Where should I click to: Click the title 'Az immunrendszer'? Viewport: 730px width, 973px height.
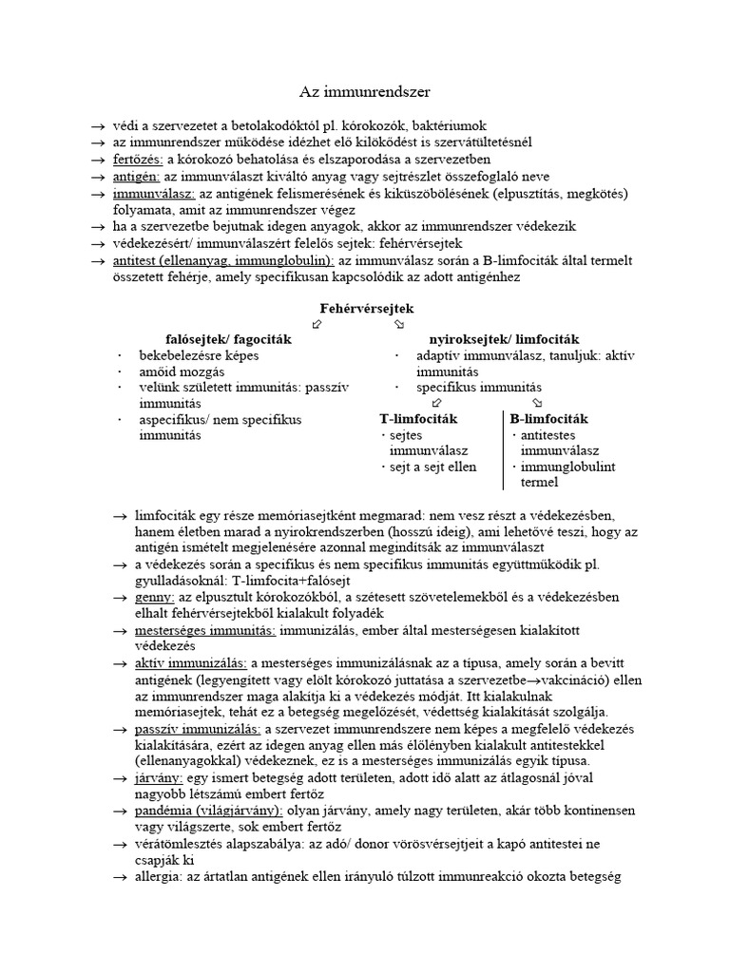click(365, 92)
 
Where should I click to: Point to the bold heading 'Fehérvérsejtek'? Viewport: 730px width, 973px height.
click(366, 310)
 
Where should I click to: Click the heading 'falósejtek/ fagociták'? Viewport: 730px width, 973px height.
click(228, 339)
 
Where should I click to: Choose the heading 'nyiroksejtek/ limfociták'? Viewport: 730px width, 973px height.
click(505, 339)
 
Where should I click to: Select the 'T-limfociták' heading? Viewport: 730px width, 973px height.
click(419, 419)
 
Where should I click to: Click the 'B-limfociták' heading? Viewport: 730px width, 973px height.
click(548, 419)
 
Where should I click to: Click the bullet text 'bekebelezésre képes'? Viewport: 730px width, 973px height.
click(199, 355)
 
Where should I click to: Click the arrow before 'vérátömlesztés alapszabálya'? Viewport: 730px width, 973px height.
click(120, 844)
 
